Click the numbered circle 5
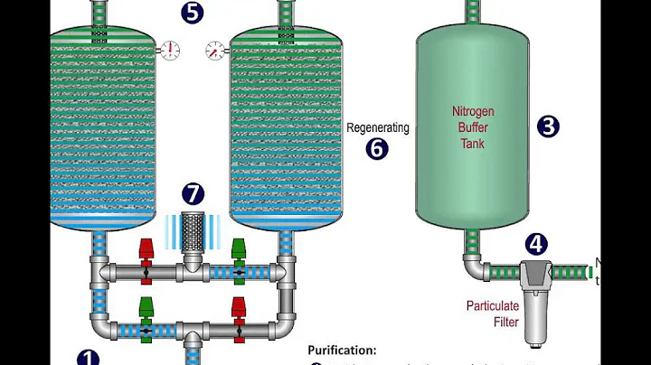pyautogui.click(x=192, y=13)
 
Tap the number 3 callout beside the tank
pyautogui.click(x=548, y=126)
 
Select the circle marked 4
pyautogui.click(x=537, y=244)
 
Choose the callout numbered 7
pyautogui.click(x=193, y=193)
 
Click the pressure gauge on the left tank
pyautogui.click(x=169, y=50)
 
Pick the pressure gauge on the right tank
pyautogui.click(x=215, y=50)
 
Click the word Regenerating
pyautogui.click(x=377, y=128)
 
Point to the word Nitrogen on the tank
pyautogui.click(x=473, y=112)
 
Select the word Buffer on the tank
pyautogui.click(x=473, y=127)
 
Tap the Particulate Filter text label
pyautogui.click(x=492, y=313)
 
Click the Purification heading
pyautogui.click(x=342, y=351)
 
